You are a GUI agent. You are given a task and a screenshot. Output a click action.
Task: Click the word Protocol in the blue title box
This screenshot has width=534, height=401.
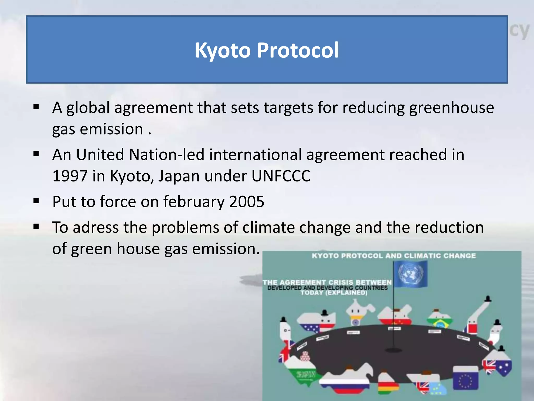click(298, 50)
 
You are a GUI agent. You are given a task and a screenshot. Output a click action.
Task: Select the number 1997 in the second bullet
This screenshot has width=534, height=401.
click(70, 176)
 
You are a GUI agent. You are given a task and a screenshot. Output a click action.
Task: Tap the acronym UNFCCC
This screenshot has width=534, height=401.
click(281, 176)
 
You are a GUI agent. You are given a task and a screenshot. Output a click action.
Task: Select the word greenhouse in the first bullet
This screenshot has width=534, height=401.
click(451, 108)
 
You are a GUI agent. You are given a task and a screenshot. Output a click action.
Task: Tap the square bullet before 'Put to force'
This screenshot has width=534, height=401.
click(36, 201)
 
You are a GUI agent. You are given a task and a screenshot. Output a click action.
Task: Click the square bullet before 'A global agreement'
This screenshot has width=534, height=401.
click(36, 107)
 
